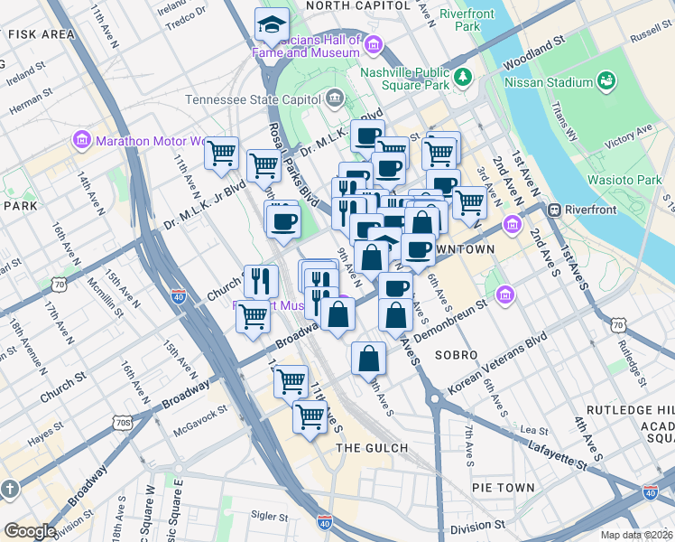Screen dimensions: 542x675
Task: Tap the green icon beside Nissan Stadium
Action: [606, 82]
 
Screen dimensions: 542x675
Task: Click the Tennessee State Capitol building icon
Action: [335, 97]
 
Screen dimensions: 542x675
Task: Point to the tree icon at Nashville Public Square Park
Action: [464, 77]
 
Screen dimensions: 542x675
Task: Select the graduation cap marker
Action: [271, 26]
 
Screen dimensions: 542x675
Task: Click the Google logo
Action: [29, 531]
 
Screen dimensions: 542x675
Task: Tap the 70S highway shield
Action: [124, 421]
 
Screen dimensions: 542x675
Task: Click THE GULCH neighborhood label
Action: [372, 448]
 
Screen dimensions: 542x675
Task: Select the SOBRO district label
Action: [457, 355]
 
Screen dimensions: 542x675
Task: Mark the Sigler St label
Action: [269, 517]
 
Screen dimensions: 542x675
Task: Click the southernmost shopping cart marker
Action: [310, 416]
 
